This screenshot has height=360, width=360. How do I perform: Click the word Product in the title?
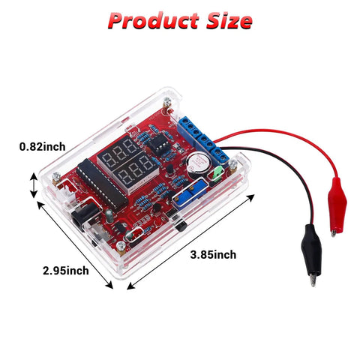[x=154, y=20]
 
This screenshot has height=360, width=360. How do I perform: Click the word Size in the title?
[x=229, y=20]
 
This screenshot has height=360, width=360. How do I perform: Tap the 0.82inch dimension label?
[x=43, y=147]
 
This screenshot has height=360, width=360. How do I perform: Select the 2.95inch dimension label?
[x=66, y=271]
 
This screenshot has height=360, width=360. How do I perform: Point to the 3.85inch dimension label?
[x=213, y=255]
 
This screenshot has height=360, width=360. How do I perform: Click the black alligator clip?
[x=311, y=253]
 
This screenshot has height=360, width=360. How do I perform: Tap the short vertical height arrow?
[x=34, y=185]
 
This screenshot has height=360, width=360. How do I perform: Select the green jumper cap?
[x=217, y=173]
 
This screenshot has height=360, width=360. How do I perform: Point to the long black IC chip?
[x=102, y=184]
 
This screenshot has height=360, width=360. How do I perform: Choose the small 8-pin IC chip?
[x=158, y=143]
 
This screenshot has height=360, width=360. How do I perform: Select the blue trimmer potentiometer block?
[x=190, y=192]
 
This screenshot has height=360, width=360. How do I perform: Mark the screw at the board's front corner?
[x=121, y=247]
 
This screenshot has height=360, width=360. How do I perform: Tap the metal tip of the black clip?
[x=313, y=278]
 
